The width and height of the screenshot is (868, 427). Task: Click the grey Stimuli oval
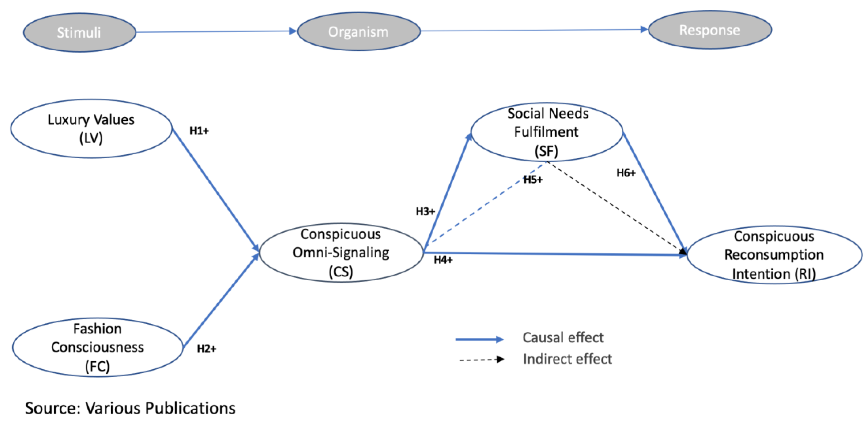tap(80, 32)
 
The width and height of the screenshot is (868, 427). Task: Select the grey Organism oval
tap(358, 32)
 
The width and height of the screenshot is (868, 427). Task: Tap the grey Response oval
tap(710, 30)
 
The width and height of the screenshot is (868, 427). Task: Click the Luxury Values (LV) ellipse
tap(91, 128)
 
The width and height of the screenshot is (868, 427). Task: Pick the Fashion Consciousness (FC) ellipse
tap(97, 347)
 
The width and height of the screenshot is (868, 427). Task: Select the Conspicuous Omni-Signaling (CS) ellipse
tap(341, 252)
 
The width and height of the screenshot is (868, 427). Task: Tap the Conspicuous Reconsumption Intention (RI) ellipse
tap(774, 255)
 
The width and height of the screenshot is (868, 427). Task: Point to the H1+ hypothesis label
tap(199, 131)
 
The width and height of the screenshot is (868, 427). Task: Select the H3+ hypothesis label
tap(425, 212)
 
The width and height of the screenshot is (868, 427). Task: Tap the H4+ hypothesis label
tap(443, 260)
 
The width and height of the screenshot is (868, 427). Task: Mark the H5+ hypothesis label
tap(533, 180)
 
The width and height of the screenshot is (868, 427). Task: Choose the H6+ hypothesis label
tap(626, 173)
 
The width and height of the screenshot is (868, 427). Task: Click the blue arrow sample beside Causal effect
tap(479, 339)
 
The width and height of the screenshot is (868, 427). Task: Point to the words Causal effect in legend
tap(563, 337)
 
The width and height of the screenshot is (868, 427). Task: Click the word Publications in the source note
tap(190, 408)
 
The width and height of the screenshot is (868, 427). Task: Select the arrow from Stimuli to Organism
tap(216, 32)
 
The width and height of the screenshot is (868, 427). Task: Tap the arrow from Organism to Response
tap(534, 30)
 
